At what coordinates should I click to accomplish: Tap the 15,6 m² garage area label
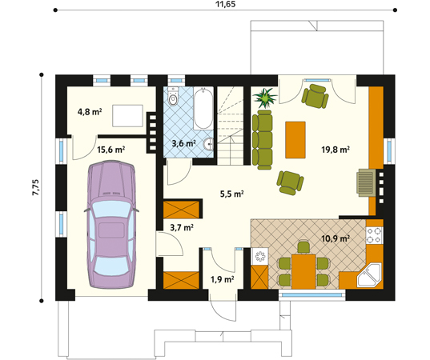(x=111, y=149)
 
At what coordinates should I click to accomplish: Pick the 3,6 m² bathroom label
(x=184, y=144)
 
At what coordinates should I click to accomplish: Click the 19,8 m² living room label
(x=336, y=149)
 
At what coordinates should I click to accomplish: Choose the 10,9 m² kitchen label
(x=336, y=238)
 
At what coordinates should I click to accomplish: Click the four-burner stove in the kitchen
(x=374, y=235)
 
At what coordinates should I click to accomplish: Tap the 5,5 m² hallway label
(x=232, y=194)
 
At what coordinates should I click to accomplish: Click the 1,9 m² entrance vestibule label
(x=222, y=279)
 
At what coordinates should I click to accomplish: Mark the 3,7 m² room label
(x=181, y=227)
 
